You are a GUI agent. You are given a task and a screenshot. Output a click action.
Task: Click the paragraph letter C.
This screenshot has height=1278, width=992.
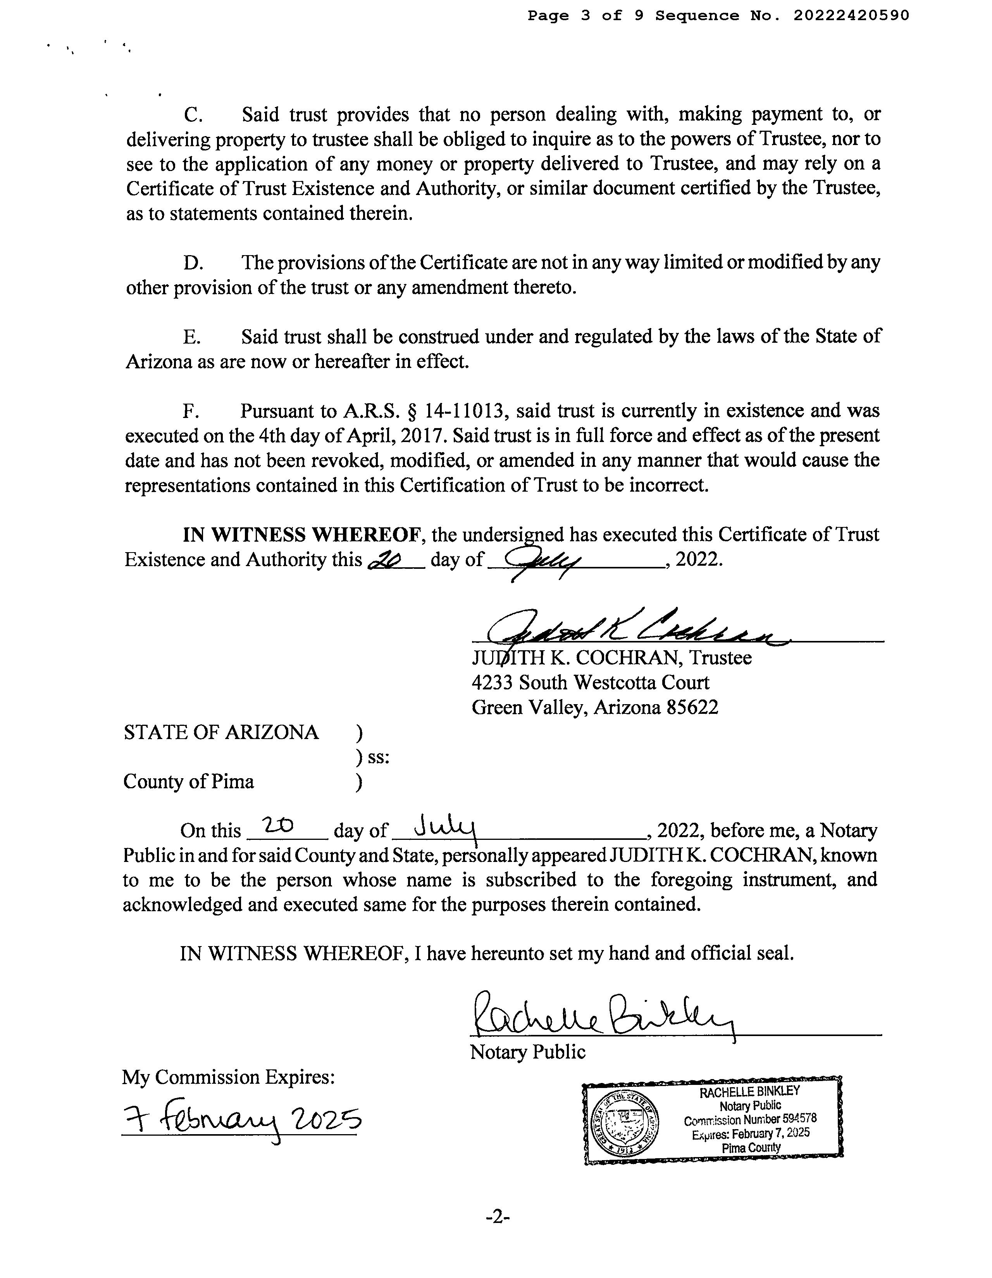(193, 115)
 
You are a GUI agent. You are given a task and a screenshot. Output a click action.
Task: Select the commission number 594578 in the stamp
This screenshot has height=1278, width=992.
(799, 1118)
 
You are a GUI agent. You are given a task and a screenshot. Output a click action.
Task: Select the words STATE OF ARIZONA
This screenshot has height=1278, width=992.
(221, 732)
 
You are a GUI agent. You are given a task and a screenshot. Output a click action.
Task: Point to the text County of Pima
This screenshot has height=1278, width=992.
(188, 782)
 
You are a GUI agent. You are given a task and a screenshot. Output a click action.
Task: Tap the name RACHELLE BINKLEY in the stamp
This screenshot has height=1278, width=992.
(749, 1092)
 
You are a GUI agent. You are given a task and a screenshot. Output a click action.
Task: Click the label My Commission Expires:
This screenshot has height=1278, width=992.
(228, 1077)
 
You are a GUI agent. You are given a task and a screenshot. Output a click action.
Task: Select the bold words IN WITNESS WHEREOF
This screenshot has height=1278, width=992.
(302, 535)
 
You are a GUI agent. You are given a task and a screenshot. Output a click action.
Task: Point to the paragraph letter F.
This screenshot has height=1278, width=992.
(188, 411)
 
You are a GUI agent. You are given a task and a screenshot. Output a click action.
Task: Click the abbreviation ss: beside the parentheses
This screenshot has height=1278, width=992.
(379, 757)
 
